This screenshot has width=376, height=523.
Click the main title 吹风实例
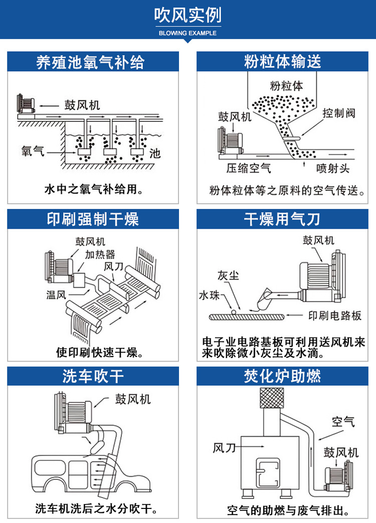pyautogui.click(x=187, y=16)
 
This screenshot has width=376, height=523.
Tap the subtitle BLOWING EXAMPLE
pyautogui.click(x=187, y=33)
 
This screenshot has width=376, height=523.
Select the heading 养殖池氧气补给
pyautogui.click(x=90, y=62)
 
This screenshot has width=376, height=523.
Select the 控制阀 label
pyautogui.click(x=339, y=113)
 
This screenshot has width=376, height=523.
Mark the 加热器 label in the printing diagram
pyautogui.click(x=100, y=254)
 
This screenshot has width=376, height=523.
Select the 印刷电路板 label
pyautogui.click(x=334, y=316)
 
